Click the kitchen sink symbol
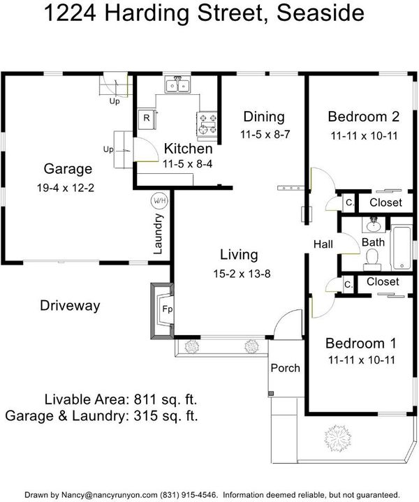177,84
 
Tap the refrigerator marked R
147,119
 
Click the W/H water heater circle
159,201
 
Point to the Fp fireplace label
167,309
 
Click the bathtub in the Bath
402,247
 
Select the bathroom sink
373,225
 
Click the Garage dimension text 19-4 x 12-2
66,188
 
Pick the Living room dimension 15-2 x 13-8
242,274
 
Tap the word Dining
264,117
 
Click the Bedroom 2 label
364,117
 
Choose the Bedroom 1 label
361,344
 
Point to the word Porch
286,368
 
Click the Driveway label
70,305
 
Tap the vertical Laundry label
159,234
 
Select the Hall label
323,244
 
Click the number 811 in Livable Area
146,399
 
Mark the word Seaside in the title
321,13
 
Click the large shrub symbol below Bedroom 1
337,438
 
